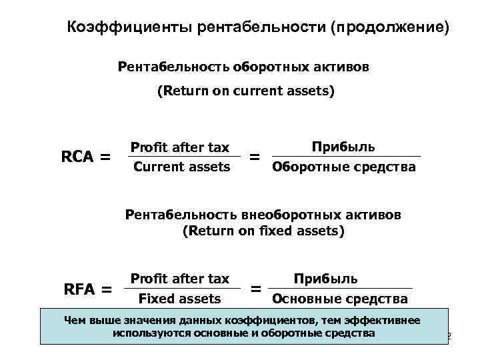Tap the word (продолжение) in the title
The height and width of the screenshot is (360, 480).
[393, 28]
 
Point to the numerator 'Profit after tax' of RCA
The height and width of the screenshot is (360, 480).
[180, 147]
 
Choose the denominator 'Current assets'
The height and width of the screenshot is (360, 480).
[181, 167]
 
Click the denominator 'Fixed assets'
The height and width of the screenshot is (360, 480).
[179, 298]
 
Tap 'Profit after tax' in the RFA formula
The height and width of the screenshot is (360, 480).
[180, 279]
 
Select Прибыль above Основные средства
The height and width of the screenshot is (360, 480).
[326, 279]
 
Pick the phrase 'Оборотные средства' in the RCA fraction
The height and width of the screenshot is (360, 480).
[344, 167]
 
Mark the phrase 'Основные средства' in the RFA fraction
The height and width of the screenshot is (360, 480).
[340, 298]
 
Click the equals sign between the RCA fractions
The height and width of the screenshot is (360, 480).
[254, 157]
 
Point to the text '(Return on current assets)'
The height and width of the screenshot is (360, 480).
[245, 92]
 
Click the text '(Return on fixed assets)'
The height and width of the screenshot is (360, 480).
[263, 231]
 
